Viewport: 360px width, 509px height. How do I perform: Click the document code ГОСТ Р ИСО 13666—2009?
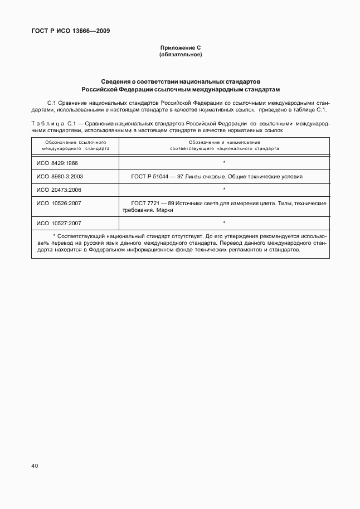71,31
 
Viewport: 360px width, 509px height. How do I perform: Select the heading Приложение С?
180,49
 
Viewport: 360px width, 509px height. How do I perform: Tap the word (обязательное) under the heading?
180,55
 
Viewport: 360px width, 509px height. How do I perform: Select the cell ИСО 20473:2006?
59,190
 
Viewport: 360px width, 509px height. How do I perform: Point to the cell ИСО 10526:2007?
59,203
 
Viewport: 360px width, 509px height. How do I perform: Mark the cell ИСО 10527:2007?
59,223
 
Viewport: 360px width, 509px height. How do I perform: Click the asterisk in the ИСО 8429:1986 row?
224,162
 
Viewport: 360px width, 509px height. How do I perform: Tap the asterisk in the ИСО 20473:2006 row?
224,190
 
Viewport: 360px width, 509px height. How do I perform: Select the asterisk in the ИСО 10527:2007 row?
224,223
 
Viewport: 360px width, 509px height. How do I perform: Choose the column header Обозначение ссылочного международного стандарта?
75,146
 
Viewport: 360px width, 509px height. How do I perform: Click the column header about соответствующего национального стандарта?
224,146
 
